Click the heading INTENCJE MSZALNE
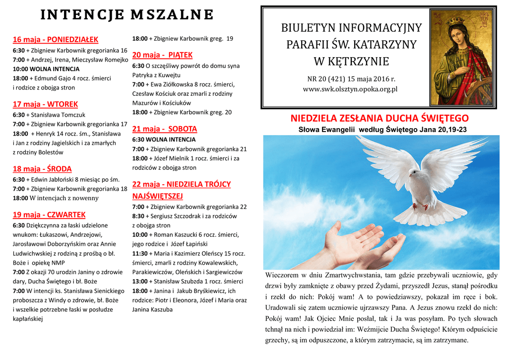click(127, 15)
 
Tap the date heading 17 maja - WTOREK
click(45, 104)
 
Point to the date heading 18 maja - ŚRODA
click(42, 168)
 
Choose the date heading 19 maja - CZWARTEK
click(49, 215)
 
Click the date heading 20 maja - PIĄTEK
click(162, 55)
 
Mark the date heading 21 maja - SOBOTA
click(165, 129)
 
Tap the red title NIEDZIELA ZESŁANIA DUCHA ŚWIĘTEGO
click(379, 118)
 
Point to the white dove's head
click(413, 172)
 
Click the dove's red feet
click(419, 205)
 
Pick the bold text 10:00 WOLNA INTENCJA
click(46, 69)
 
